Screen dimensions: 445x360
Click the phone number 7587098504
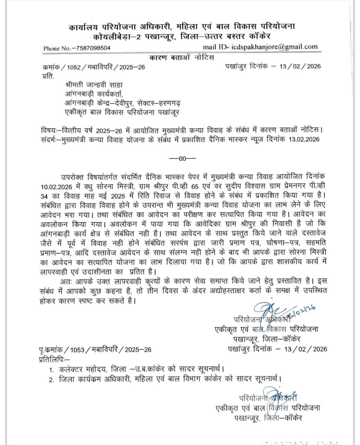(x=90, y=48)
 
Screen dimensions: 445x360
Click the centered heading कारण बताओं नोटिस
(x=180, y=57)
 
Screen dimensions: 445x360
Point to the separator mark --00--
(x=180, y=159)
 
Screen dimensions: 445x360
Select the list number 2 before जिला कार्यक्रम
(x=51, y=379)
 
